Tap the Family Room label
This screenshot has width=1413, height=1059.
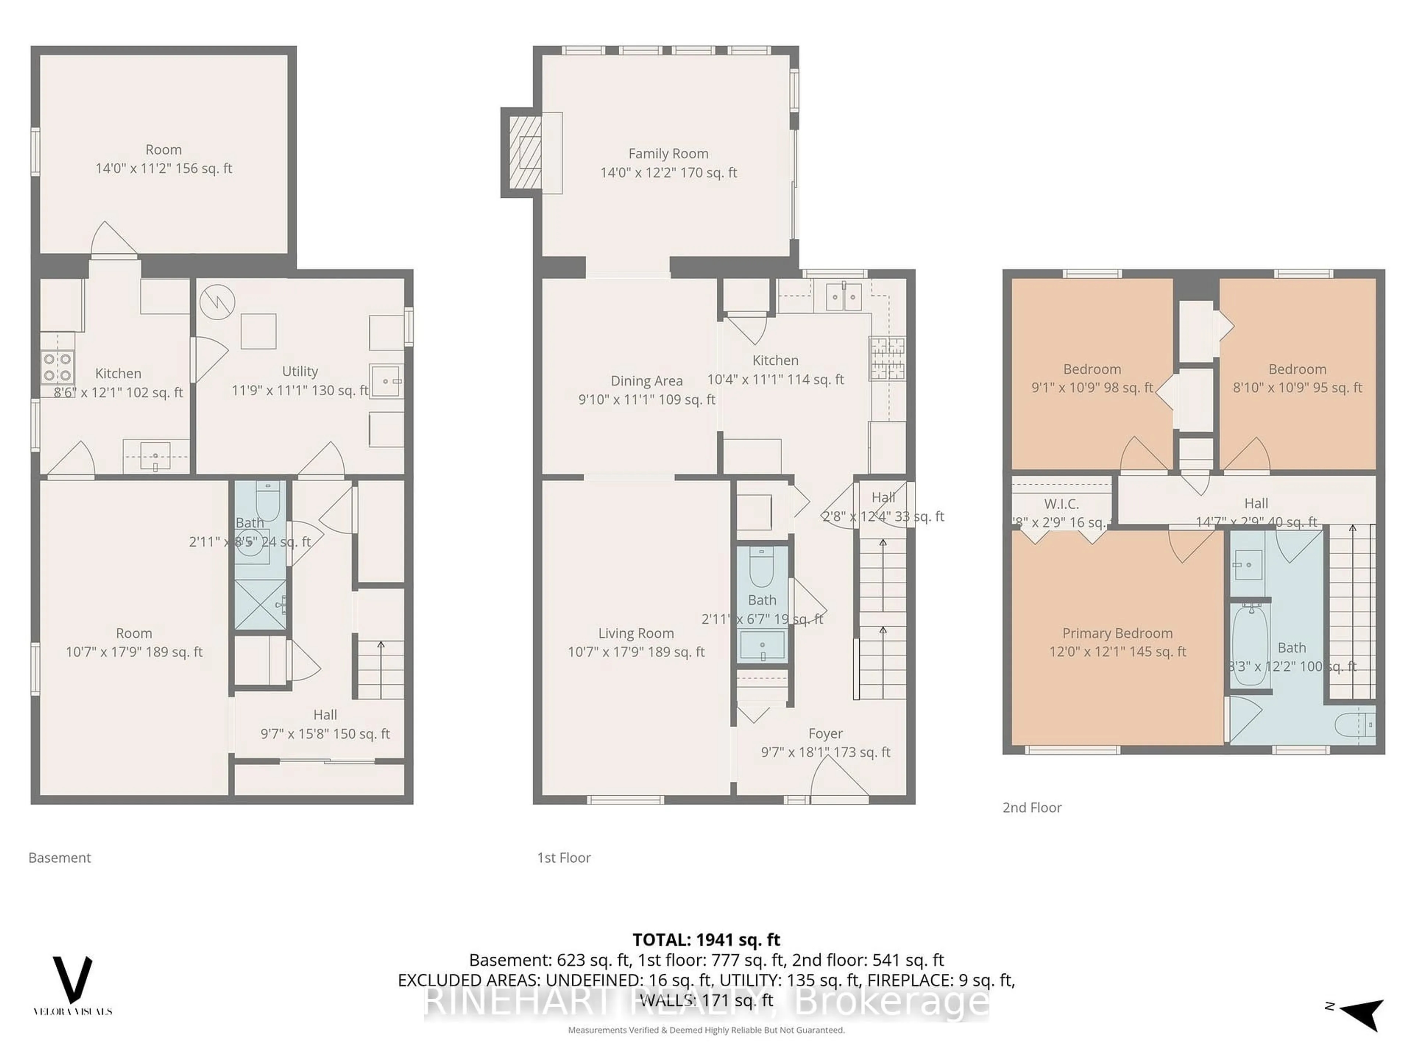668,154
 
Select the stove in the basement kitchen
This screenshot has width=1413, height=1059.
57,367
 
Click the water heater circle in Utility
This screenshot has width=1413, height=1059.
217,302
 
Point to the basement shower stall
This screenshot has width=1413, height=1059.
261,605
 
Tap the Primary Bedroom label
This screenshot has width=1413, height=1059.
1117,633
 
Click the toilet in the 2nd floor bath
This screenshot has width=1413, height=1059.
1354,724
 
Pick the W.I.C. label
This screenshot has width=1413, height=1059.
1061,504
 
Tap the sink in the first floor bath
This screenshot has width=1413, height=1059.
762,645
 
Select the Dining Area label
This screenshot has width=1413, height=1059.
647,381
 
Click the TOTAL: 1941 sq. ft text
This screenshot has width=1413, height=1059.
706,939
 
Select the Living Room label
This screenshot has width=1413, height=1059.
635,633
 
